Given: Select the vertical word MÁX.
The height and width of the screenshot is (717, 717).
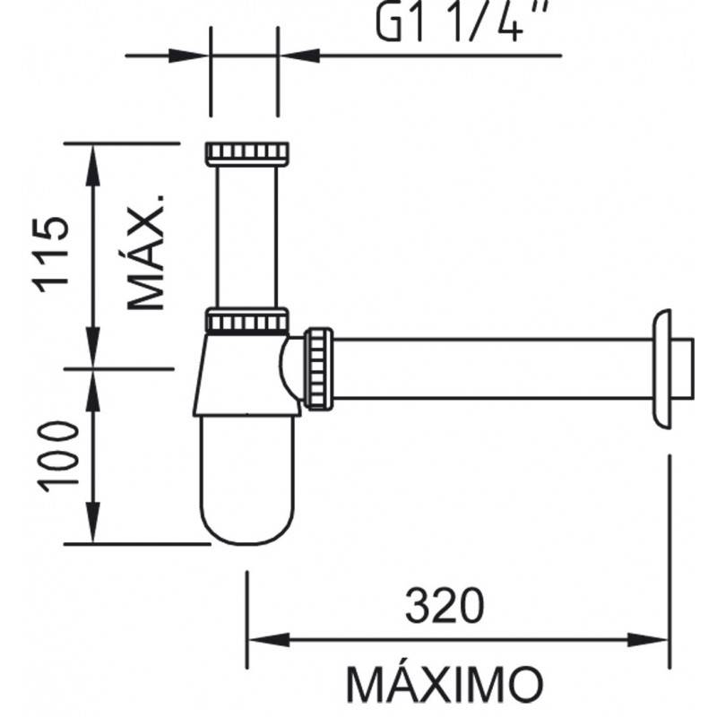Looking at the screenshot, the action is click(x=145, y=253).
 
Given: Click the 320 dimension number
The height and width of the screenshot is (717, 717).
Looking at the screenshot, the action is click(x=445, y=605).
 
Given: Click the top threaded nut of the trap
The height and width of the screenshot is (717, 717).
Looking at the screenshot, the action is click(x=246, y=153).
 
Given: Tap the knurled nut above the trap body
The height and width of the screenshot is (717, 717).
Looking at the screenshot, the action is click(x=246, y=320).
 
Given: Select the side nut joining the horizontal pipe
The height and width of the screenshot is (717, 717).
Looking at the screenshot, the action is click(x=318, y=367).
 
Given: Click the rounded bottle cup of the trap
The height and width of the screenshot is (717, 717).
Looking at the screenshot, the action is click(x=247, y=480).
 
